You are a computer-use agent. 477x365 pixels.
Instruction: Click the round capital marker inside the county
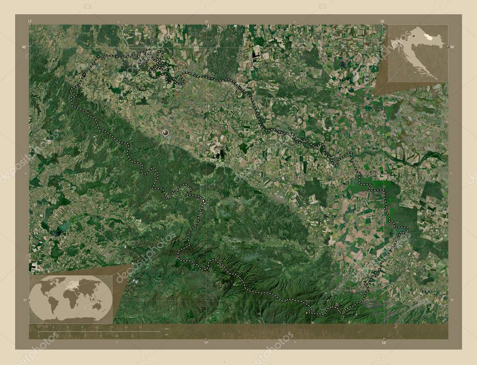click(x=165, y=133)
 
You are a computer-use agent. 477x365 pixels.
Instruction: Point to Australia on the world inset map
click(x=96, y=305)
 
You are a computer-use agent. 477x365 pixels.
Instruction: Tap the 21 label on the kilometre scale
click(x=140, y=327)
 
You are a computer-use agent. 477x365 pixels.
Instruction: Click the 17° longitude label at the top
click(x=30, y=21)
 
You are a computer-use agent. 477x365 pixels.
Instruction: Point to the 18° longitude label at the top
click(x=382, y=21)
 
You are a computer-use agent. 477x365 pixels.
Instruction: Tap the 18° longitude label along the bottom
click(x=383, y=343)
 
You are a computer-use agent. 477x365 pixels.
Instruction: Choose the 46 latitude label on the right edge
click(x=451, y=47)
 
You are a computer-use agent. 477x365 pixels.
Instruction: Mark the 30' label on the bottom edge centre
click(x=206, y=343)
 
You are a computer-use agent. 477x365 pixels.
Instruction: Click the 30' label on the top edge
click(x=206, y=21)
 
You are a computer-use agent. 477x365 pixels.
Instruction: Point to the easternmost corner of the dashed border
click(x=408, y=228)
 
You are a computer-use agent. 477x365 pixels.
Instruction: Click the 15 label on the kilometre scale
click(x=111, y=327)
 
